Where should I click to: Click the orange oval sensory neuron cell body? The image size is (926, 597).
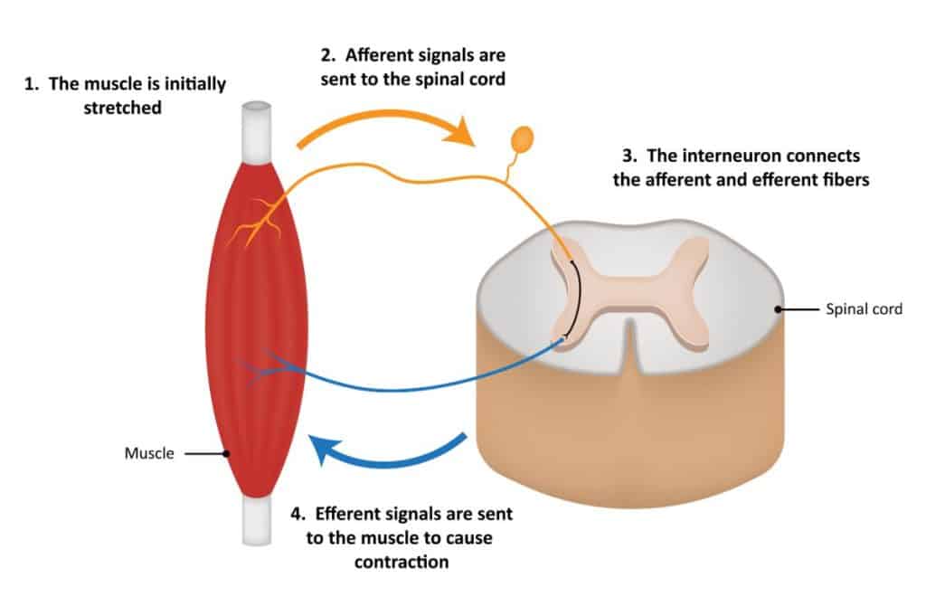point(523,138)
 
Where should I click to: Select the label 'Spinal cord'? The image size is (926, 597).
point(865,309)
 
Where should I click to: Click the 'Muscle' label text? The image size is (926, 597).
point(148,453)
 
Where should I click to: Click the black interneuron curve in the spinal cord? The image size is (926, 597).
point(576,298)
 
